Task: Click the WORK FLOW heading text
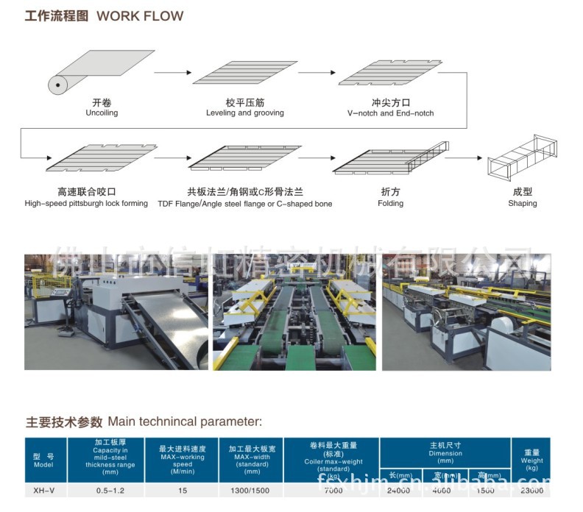click(x=140, y=15)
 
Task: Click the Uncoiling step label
click(x=102, y=113)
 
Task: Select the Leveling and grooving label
click(x=244, y=113)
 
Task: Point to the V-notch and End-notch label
click(x=390, y=113)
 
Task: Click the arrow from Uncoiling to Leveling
click(x=172, y=73)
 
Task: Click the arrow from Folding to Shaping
click(x=462, y=157)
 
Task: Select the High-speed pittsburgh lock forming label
click(x=86, y=203)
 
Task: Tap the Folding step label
click(x=390, y=203)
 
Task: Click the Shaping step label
click(x=522, y=203)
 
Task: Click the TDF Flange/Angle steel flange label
click(x=244, y=203)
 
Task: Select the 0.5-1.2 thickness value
click(x=110, y=490)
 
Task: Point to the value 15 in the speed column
click(x=182, y=490)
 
